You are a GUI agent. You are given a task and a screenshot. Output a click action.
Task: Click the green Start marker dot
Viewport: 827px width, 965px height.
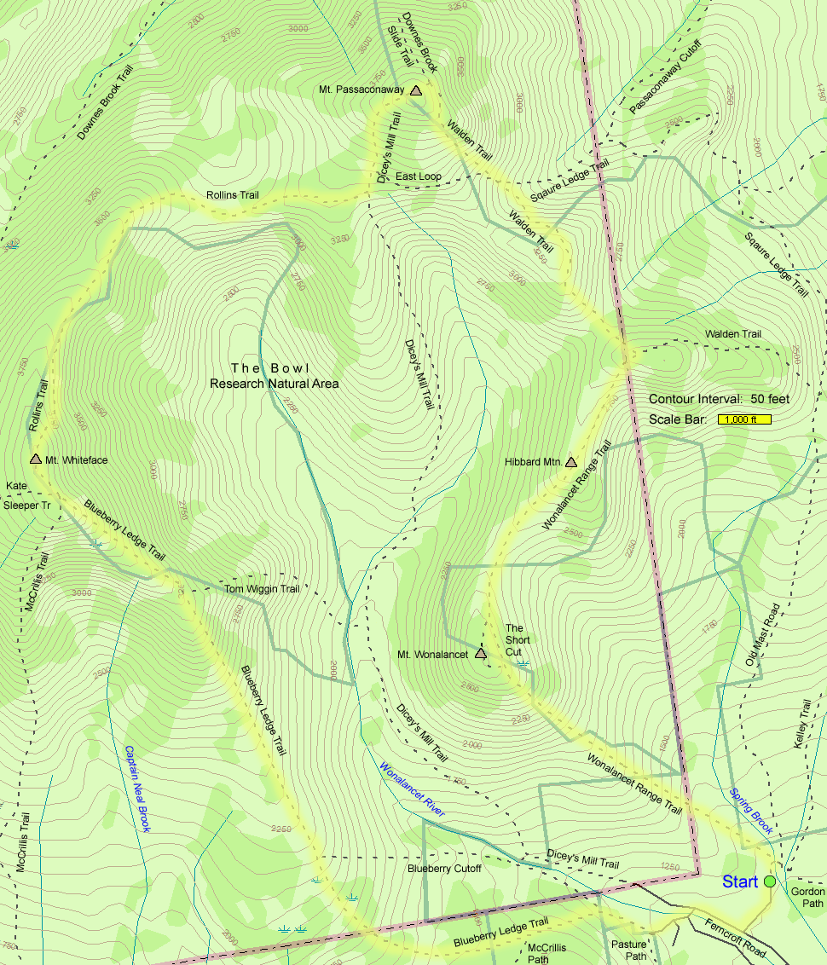[770, 881]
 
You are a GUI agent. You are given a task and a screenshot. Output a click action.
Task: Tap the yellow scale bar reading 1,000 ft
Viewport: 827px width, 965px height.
[744, 419]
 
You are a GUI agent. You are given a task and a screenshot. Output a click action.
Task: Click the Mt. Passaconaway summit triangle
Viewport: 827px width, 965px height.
[415, 90]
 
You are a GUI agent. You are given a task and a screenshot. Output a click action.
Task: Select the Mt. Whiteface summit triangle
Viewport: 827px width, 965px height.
[36, 459]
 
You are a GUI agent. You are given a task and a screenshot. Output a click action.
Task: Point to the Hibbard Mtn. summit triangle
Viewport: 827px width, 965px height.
[570, 462]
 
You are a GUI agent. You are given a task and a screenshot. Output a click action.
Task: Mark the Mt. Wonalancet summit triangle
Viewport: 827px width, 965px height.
[480, 654]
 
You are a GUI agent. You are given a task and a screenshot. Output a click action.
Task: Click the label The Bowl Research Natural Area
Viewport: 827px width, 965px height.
[274, 376]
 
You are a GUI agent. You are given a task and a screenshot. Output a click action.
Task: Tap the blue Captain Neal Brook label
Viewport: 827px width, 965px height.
[137, 789]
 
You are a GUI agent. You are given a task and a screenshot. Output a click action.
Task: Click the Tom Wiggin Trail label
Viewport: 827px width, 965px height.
[262, 589]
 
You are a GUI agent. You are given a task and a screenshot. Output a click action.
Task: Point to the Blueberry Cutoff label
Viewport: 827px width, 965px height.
[443, 869]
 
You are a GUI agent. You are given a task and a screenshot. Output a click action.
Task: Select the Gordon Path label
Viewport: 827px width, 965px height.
[807, 897]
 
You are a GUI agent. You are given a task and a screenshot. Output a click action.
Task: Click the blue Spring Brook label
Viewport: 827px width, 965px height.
[750, 810]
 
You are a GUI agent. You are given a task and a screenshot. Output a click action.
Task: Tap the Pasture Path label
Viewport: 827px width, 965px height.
[630, 951]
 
